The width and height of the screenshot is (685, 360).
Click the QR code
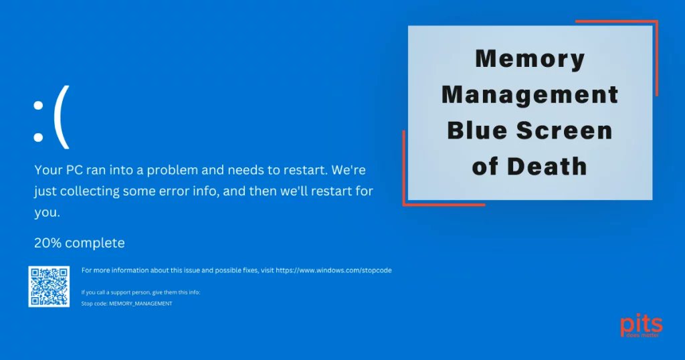[49, 286]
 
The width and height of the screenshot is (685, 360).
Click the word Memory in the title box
[530, 60]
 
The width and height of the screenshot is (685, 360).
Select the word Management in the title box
[530, 95]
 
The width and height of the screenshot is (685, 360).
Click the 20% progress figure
[47, 242]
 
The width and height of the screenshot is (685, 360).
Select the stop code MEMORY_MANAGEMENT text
[140, 304]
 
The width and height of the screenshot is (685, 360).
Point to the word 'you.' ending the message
[47, 213]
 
